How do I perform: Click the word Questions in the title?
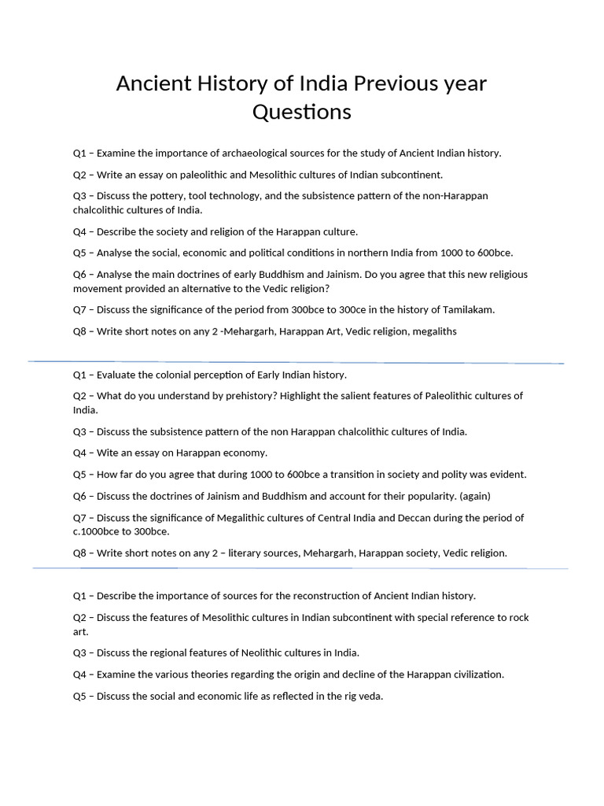click(301, 113)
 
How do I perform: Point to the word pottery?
click(182, 195)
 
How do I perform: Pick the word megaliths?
click(433, 331)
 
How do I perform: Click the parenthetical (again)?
click(474, 496)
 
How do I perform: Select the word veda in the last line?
click(370, 696)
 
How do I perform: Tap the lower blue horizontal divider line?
click(300, 568)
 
